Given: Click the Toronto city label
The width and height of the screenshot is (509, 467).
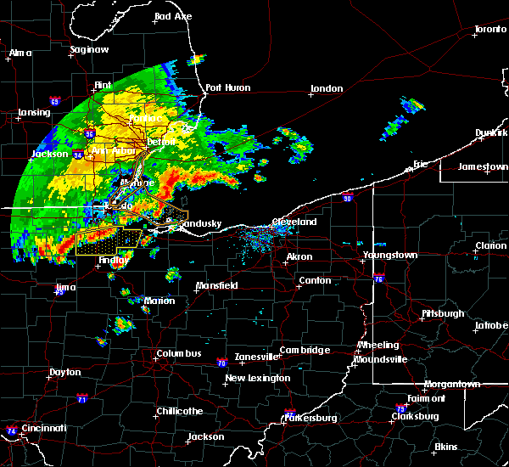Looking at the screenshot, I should pos(490,30).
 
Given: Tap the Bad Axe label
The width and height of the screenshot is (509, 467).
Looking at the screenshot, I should pos(173,17).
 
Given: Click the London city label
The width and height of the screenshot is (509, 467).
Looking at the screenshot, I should pos(327,88).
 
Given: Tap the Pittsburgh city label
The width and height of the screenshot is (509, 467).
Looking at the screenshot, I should pos(443,313).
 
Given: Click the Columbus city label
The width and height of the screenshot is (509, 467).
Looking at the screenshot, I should pos(178,353).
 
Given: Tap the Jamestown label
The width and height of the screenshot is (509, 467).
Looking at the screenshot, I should pos(483,166).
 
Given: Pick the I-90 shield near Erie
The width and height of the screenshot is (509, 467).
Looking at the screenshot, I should pos(347,198).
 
